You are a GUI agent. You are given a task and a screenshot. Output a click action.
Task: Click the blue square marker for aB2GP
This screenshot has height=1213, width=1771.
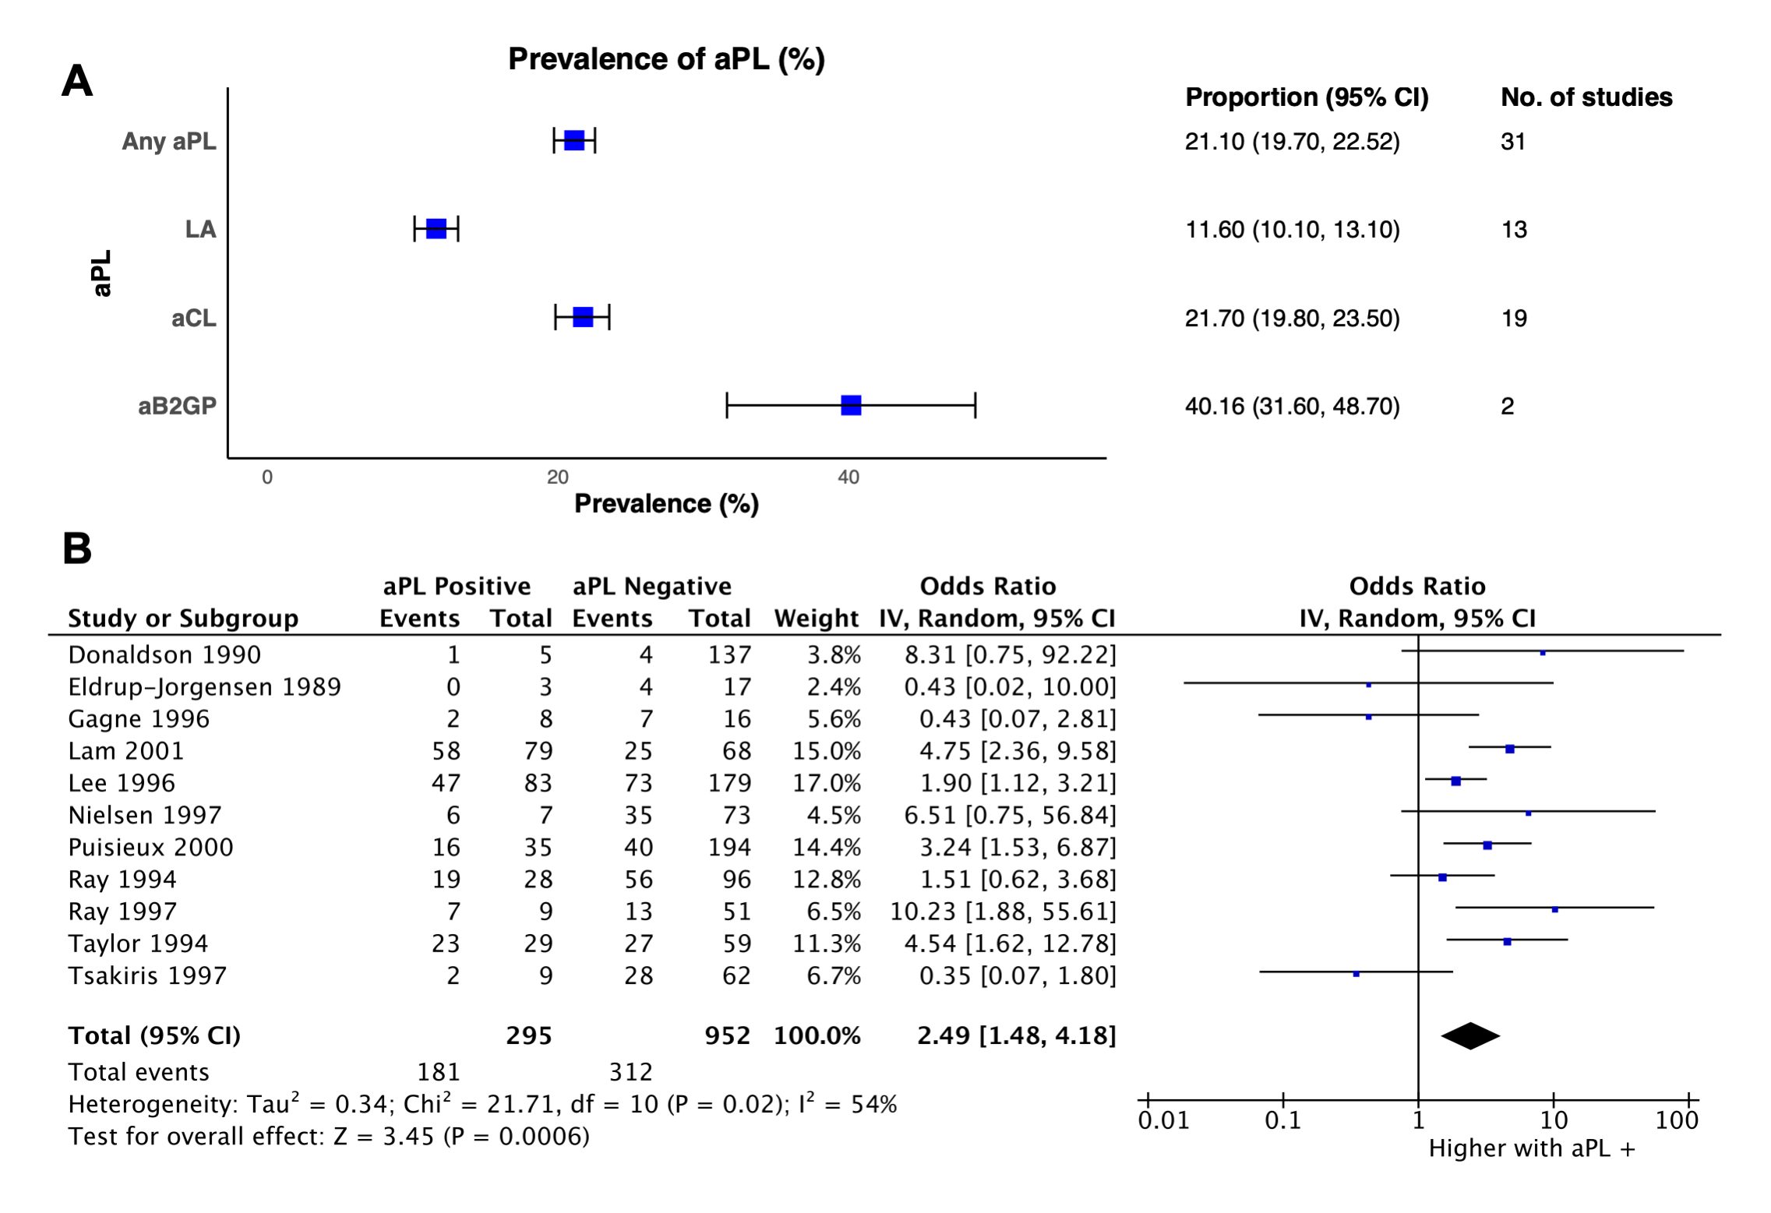point(850,405)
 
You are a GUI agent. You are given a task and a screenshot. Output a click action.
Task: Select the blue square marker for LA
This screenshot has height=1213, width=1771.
point(436,229)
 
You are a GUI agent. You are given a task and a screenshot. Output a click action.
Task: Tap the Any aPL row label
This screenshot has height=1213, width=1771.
point(168,141)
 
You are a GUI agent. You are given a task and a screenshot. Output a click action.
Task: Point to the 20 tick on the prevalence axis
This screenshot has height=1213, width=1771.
point(557,477)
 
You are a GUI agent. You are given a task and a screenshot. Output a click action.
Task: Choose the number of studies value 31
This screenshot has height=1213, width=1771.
point(1512,141)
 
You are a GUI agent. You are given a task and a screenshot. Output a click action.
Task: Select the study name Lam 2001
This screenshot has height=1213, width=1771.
point(126,750)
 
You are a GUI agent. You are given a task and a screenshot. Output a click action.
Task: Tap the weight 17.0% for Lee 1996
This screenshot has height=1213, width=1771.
point(827,782)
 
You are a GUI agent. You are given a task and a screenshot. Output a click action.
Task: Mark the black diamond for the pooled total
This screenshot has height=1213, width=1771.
point(1470,1035)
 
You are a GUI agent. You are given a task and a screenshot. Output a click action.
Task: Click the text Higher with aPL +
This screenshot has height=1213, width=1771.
point(1531,1148)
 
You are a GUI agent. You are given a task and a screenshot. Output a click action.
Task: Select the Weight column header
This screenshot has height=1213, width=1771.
point(816,618)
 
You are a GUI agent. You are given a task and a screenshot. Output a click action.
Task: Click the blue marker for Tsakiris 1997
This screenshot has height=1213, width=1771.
point(1356,974)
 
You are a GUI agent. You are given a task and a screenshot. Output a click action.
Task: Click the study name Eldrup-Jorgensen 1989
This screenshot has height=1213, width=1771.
point(204,686)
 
